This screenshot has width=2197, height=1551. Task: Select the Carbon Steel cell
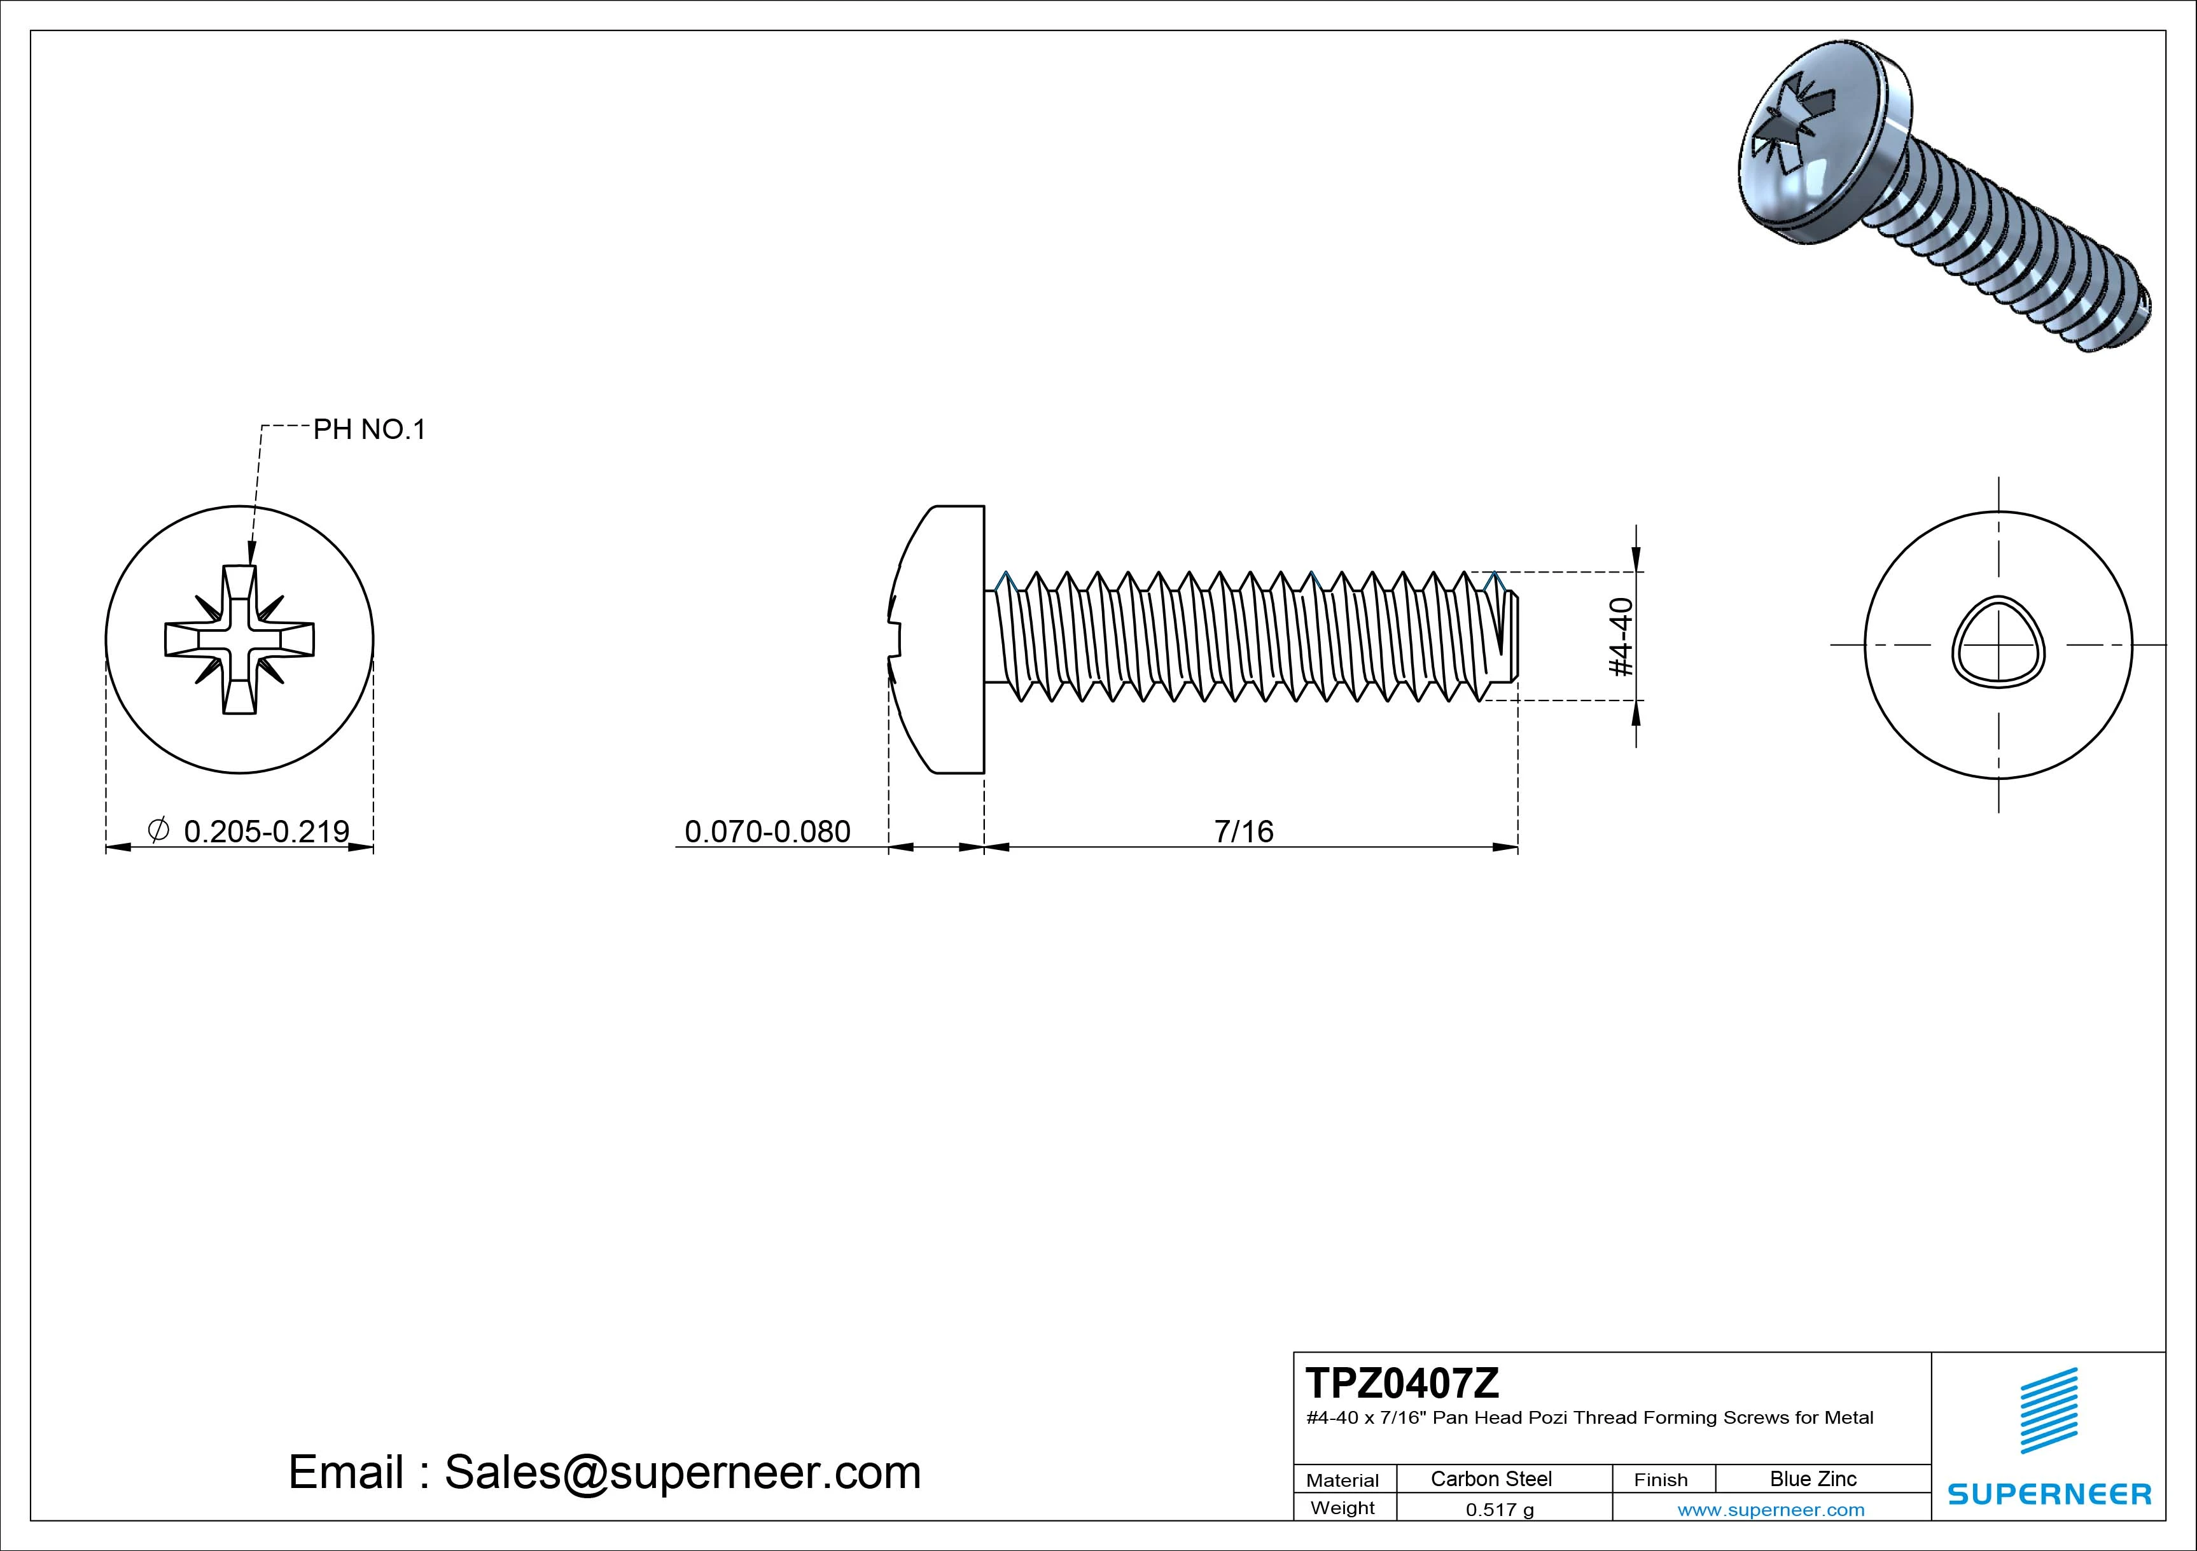pyautogui.click(x=1491, y=1478)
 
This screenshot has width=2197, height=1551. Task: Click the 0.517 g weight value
pyautogui.click(x=1500, y=1510)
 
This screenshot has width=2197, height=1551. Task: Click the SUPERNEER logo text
pyautogui.click(x=2049, y=1494)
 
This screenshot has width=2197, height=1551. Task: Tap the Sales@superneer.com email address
pyautogui.click(x=682, y=1471)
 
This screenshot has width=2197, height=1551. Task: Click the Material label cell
pyautogui.click(x=1343, y=1479)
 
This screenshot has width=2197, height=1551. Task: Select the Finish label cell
pyautogui.click(x=1660, y=1479)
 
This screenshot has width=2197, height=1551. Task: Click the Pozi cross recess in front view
pyautogui.click(x=239, y=639)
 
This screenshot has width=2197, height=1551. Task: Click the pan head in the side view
pyautogui.click(x=942, y=639)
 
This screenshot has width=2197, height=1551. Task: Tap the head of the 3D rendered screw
pyautogui.click(x=1813, y=153)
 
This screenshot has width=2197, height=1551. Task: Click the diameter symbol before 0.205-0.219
pyautogui.click(x=159, y=830)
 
